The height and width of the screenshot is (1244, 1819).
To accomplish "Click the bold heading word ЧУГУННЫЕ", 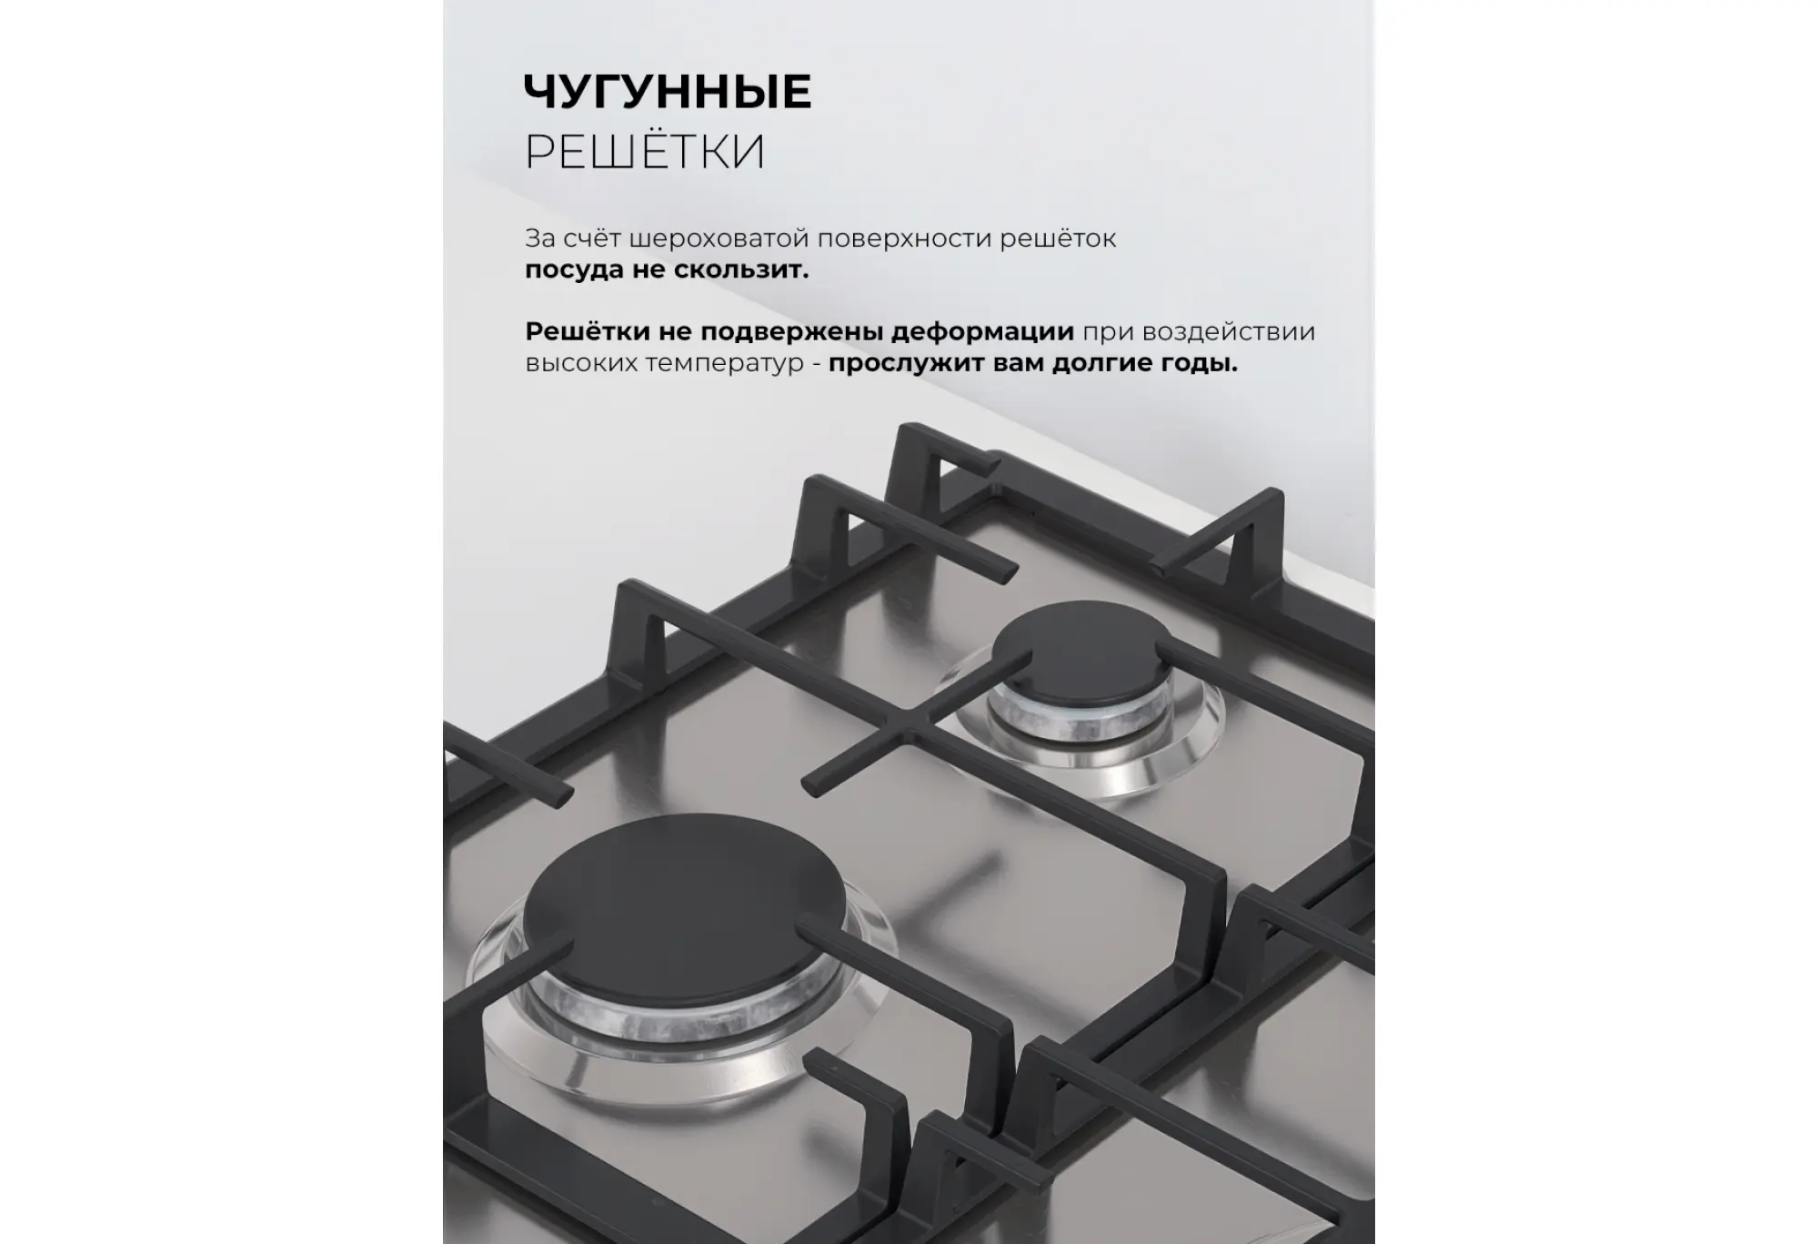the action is coord(668,92).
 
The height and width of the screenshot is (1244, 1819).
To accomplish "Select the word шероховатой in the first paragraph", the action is coord(719,239).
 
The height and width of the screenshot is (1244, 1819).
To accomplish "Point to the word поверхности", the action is coord(904,239).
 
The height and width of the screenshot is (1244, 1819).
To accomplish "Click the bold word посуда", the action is coord(574,271).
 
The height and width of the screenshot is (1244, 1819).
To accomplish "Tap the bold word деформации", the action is coord(982,332).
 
